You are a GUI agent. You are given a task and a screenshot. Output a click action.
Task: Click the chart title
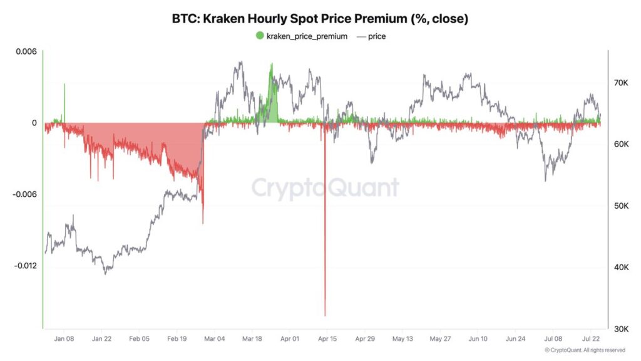pos(320,19)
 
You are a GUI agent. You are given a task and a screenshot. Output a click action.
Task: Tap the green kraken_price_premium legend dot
pos(260,36)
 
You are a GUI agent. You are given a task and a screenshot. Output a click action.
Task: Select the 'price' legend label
pos(377,36)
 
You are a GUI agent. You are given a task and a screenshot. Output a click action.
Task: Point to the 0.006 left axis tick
pos(26,51)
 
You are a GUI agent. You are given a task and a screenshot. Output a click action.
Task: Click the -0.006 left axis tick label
pos(24,194)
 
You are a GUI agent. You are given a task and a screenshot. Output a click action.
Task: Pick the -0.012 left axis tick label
pos(24,266)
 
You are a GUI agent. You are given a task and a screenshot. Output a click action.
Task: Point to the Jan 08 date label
pos(64,338)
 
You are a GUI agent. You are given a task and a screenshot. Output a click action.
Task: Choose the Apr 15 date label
pos(327,338)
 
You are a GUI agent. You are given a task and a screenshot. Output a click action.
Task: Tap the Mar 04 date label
pos(215,338)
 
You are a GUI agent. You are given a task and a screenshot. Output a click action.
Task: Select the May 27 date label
pos(441,338)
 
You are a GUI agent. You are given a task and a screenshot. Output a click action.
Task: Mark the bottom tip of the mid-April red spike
pos(325,315)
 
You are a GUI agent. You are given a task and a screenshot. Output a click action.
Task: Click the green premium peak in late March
pos(271,64)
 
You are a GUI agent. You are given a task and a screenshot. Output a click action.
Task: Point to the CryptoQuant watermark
pos(325,187)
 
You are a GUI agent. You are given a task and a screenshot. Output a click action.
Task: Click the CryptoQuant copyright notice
pos(585,350)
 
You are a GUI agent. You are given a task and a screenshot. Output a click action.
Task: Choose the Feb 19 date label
pos(177,338)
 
